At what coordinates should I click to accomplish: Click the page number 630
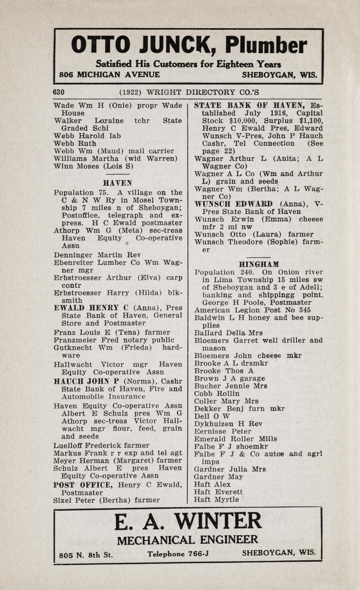[59, 92]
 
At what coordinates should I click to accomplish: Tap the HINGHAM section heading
[259, 264]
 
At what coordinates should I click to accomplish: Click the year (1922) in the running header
[131, 92]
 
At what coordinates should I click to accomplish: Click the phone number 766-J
[198, 554]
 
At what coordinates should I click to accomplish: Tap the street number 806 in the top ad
[66, 74]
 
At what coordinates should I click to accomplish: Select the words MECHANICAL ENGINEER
[187, 540]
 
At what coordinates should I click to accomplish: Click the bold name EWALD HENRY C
[91, 308]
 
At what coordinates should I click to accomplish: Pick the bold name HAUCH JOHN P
[87, 381]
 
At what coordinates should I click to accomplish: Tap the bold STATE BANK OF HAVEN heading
[249, 105]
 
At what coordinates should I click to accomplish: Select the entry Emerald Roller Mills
[235, 439]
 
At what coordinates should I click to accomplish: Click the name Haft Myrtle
[216, 499]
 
